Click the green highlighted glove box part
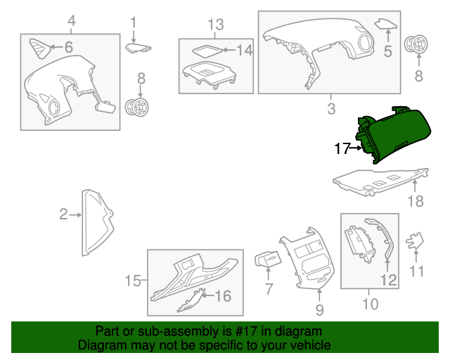pos(396,134)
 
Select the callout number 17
pos(342,148)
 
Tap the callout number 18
pos(416,201)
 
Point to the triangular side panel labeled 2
pos(97,222)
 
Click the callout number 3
pos(331,109)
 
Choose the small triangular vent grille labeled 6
pos(40,49)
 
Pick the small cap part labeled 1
pos(138,48)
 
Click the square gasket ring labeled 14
pos(207,51)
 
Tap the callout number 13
pos(216,25)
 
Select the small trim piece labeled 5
pos(386,25)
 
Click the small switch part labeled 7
pos(268,259)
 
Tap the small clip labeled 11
pos(414,241)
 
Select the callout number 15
pos(133,281)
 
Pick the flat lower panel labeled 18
pos(380,182)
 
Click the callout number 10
pos(371,304)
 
